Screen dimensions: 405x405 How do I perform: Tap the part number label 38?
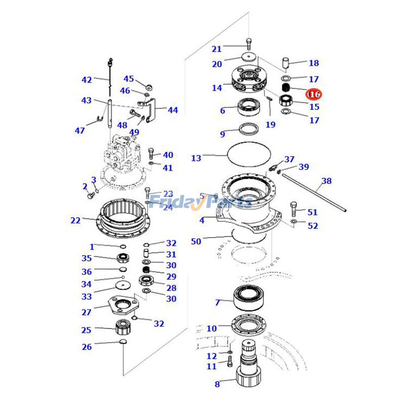(x=327, y=181)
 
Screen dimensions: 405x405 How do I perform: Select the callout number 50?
(x=196, y=241)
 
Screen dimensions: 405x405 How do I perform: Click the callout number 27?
(x=87, y=312)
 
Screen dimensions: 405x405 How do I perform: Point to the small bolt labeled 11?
(x=229, y=362)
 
